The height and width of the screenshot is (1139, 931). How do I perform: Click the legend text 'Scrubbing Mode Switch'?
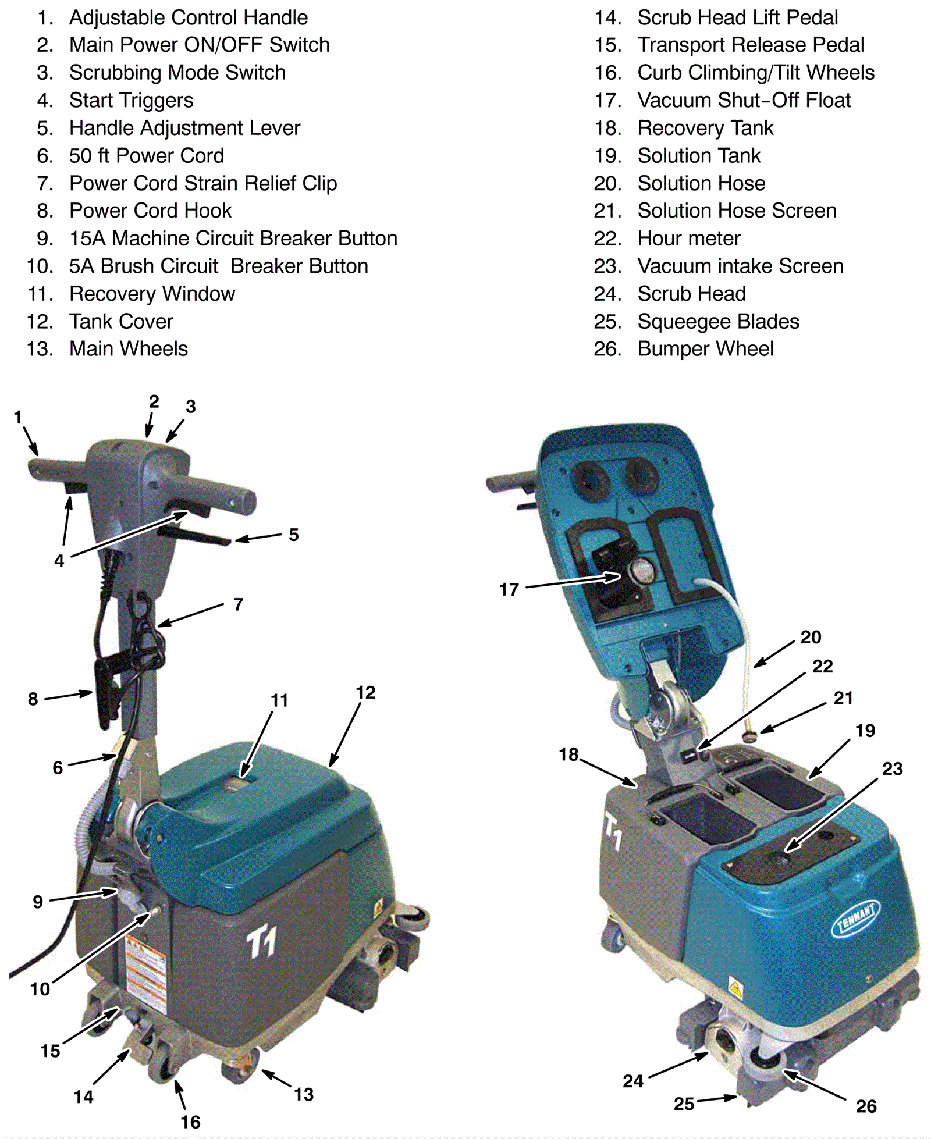[177, 73]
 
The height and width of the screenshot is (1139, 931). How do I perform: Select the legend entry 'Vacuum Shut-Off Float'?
[744, 100]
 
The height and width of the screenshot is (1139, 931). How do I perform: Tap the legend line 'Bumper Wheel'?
[705, 349]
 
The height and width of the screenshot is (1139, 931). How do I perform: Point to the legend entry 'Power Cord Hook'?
[150, 211]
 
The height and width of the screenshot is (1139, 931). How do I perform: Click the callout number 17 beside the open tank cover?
[509, 589]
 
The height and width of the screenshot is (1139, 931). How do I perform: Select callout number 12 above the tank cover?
[365, 692]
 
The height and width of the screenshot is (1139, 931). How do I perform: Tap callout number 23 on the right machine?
[892, 768]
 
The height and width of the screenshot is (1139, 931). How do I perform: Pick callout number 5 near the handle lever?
[294, 535]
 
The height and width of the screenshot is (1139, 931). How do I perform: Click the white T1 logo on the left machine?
[261, 942]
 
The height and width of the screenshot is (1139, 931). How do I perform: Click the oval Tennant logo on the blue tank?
[855, 919]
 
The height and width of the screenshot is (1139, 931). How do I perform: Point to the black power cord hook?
[105, 689]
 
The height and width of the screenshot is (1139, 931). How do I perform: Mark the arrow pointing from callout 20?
[774, 653]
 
